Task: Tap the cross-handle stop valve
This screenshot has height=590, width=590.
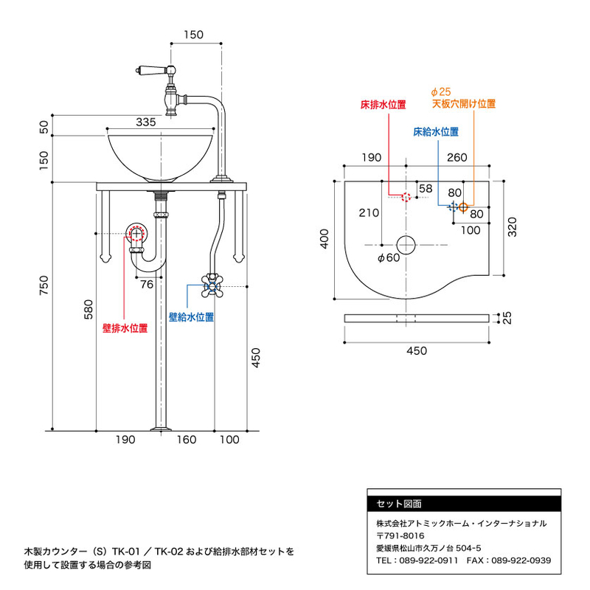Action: click(x=212, y=285)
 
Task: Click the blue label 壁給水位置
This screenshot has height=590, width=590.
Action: click(x=191, y=316)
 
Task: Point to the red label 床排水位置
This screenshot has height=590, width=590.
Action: click(x=383, y=104)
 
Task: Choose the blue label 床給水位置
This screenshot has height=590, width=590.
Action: click(x=435, y=132)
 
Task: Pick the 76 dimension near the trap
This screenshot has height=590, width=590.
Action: click(x=147, y=285)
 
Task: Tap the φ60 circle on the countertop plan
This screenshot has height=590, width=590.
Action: click(x=406, y=244)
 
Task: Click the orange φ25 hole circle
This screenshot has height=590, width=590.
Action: click(x=462, y=206)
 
